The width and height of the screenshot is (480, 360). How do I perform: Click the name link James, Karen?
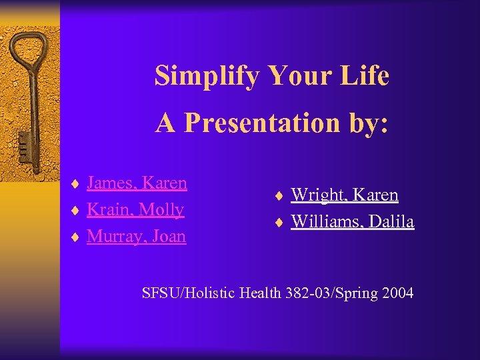click(137, 183)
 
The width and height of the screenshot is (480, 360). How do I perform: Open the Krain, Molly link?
click(135, 209)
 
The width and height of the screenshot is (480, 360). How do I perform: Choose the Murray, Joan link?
click(136, 236)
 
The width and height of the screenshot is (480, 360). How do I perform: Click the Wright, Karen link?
click(345, 195)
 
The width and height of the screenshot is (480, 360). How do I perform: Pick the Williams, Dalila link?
click(353, 221)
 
